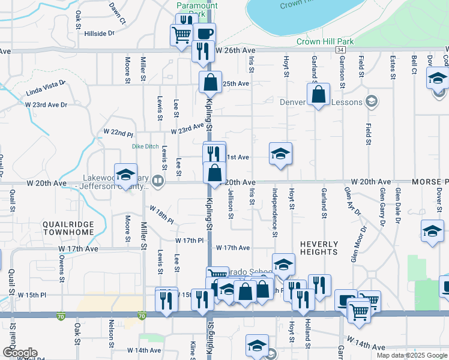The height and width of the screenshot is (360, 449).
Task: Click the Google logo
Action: click(x=19, y=353)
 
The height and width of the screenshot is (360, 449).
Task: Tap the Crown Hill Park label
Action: click(x=325, y=41)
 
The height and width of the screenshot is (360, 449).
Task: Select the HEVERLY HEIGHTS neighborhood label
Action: click(x=318, y=248)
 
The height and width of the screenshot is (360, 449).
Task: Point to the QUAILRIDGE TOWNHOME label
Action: click(x=68, y=228)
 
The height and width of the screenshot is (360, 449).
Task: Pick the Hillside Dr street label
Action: click(x=99, y=34)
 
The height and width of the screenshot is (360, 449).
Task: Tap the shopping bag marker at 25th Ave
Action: click(x=211, y=83)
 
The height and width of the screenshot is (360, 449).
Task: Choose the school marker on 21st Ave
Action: click(x=280, y=154)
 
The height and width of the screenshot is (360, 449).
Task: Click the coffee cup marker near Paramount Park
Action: click(x=204, y=33)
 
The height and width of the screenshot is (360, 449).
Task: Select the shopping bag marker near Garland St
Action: click(x=318, y=94)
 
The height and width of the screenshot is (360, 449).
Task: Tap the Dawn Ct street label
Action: click(x=117, y=13)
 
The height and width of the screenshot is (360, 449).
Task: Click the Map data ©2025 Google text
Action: click(x=411, y=355)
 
